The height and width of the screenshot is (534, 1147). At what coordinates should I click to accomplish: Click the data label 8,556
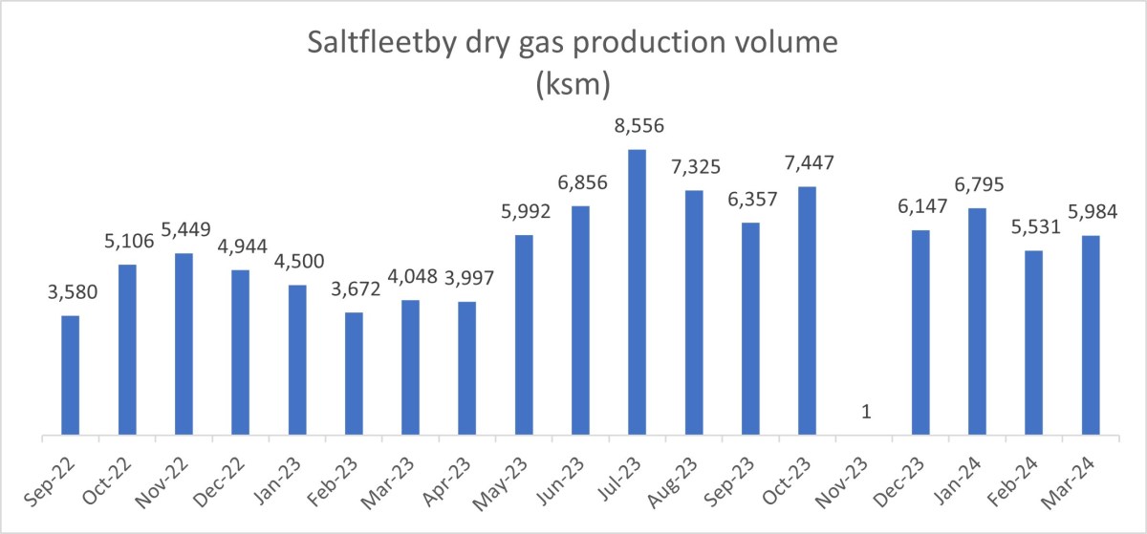637,126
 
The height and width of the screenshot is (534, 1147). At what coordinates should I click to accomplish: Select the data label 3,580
70,292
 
